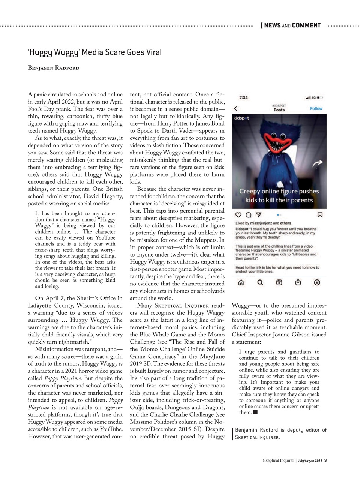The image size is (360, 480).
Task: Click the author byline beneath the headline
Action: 54,68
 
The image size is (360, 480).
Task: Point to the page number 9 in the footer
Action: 325,460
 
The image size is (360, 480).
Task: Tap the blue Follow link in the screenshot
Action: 316,108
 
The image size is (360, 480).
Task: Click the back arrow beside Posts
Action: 236,109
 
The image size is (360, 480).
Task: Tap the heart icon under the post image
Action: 238,215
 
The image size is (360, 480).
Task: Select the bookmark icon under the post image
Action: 320,215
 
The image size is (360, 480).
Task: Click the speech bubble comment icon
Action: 248,215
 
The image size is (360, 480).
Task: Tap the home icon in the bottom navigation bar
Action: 241,282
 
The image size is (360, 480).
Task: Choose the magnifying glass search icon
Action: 260,282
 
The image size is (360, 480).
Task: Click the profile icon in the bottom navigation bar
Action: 317,282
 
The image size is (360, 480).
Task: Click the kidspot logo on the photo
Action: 241,118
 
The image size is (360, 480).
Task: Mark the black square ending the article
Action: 255,412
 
